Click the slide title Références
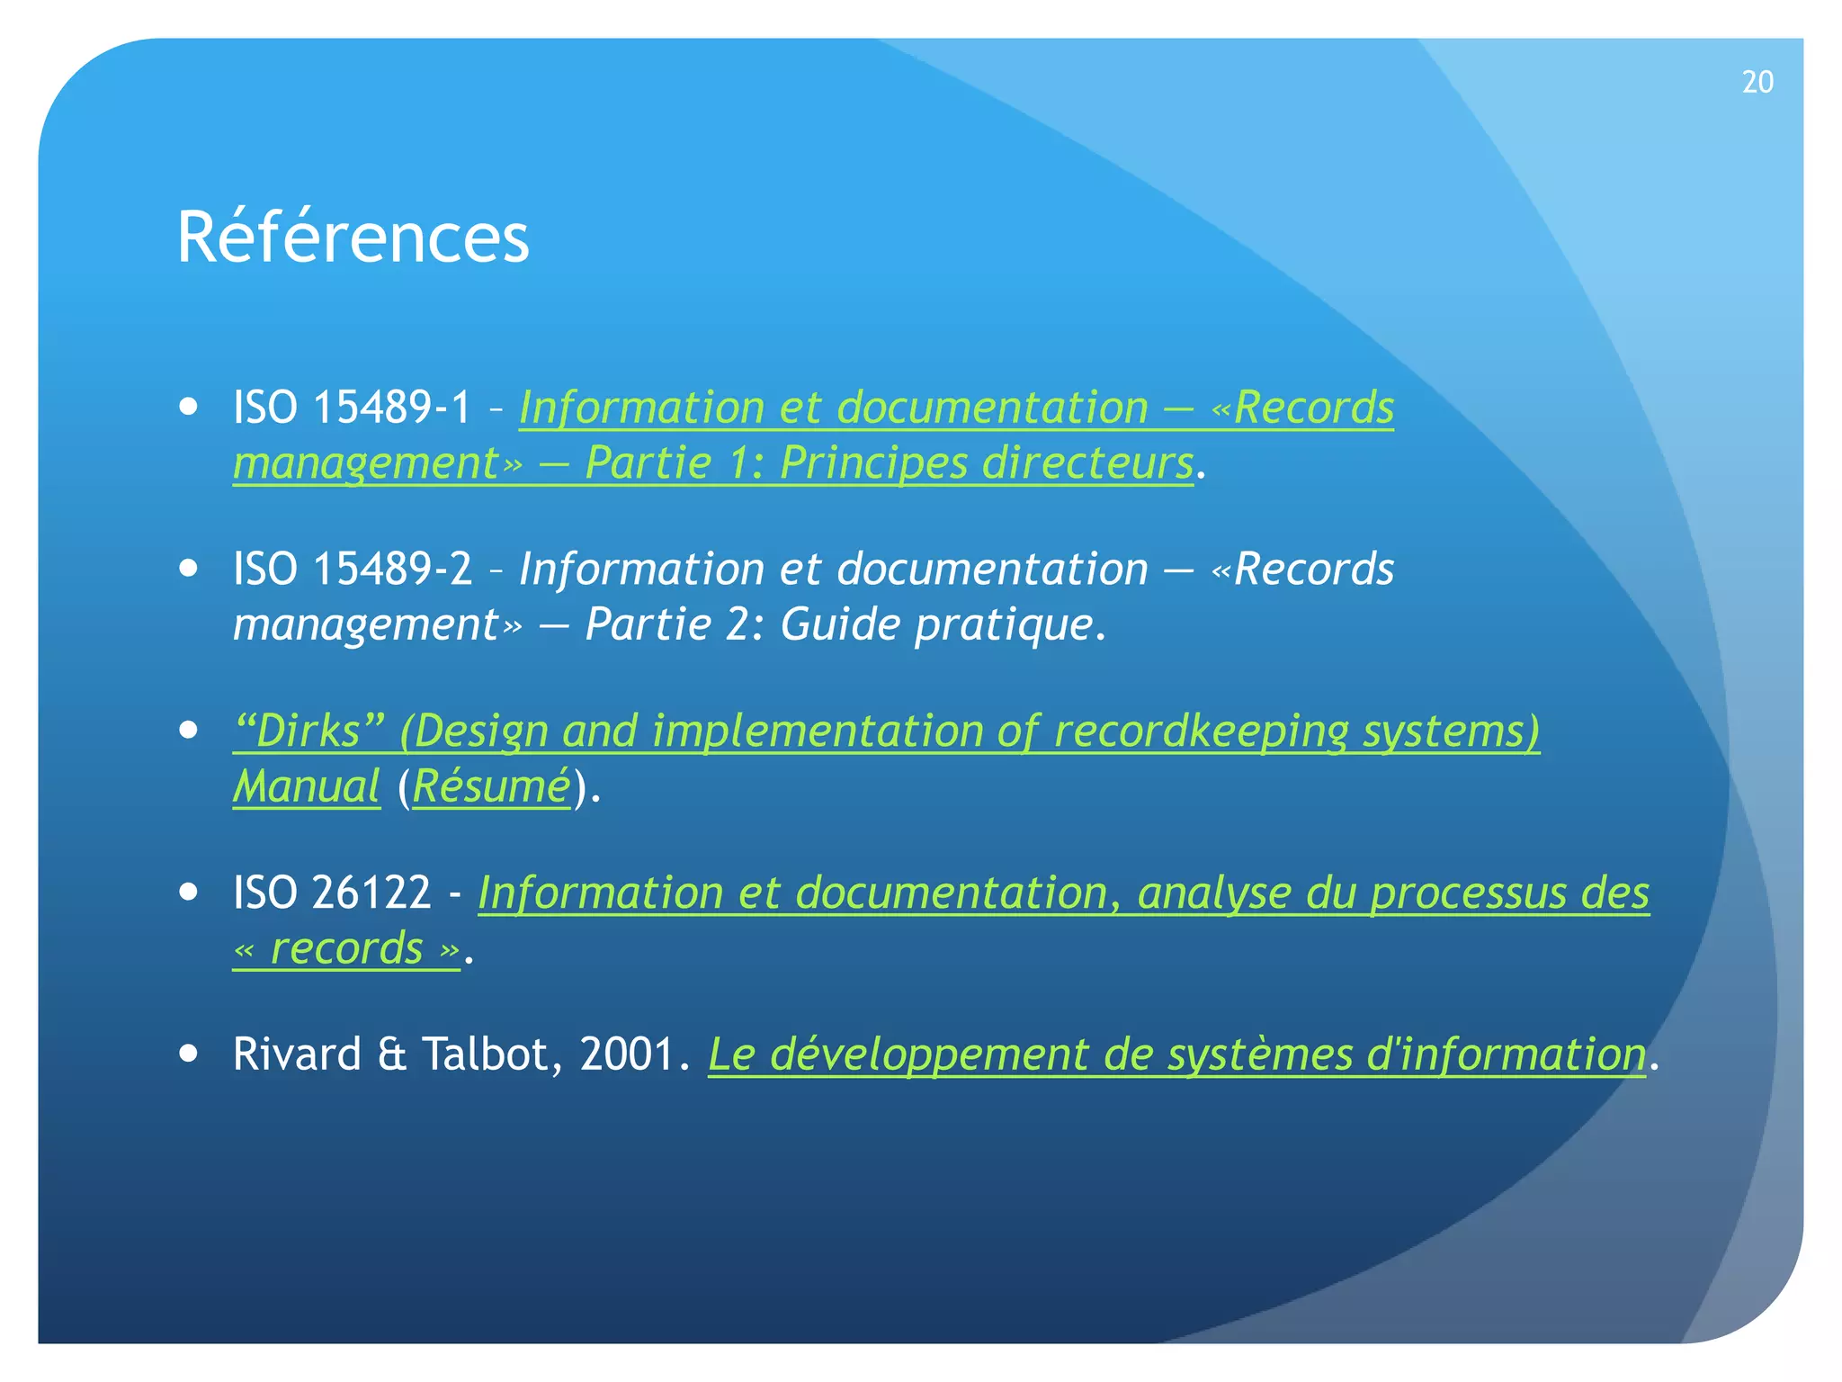tap(353, 237)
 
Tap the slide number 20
tap(1757, 82)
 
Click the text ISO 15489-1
tap(352, 408)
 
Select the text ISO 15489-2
tap(352, 570)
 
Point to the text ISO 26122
tap(332, 893)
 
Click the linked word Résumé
tap(491, 786)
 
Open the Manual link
tap(306, 786)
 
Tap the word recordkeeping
tap(1201, 731)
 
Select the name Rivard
tap(297, 1054)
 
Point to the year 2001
tap(627, 1054)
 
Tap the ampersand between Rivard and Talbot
tap(392, 1054)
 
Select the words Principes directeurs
tap(986, 463)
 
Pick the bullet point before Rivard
tap(188, 1054)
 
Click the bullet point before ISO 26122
tap(188, 892)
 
